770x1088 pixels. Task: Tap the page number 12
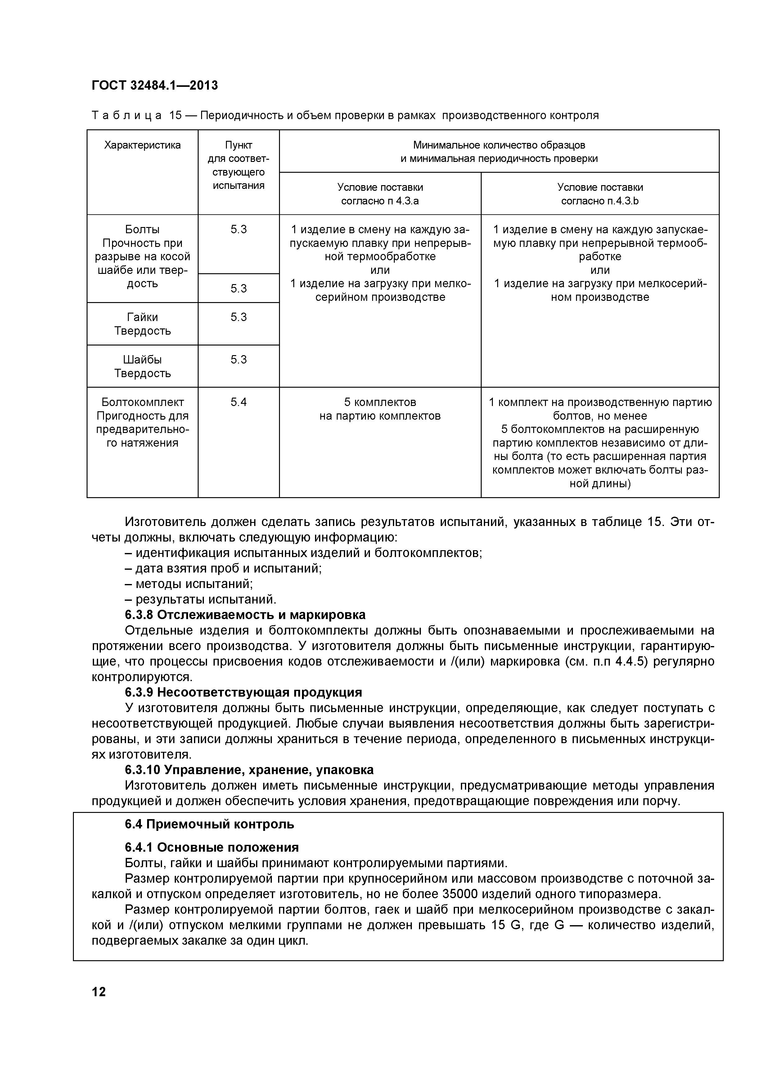point(99,992)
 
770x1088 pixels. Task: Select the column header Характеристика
point(142,145)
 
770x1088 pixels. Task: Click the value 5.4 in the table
point(238,402)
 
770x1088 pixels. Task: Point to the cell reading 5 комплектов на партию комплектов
point(380,409)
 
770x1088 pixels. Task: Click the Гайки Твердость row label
point(142,324)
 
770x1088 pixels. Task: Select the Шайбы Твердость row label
point(142,366)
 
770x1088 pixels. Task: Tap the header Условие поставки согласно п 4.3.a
point(380,194)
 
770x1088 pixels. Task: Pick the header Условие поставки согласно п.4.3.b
point(600,194)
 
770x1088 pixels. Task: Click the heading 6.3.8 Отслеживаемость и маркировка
point(245,615)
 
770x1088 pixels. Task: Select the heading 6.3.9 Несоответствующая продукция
point(243,692)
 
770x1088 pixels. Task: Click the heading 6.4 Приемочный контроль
point(209,824)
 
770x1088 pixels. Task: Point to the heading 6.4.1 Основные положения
point(211,847)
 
